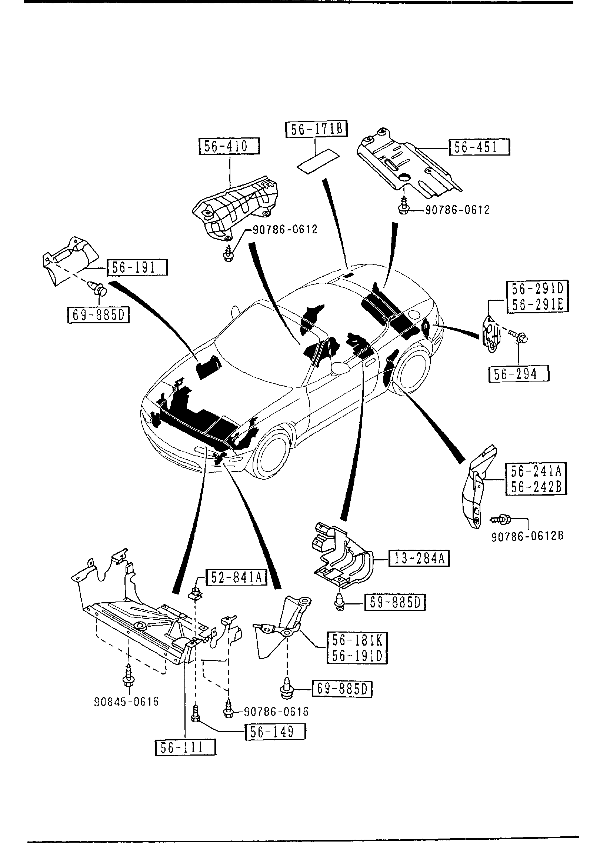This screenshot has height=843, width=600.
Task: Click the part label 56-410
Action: [229, 146]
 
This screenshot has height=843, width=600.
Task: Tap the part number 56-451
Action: [479, 147]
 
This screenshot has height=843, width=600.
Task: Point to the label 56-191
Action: [137, 267]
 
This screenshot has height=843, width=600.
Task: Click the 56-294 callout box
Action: [519, 374]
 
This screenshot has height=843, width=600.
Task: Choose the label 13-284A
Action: [419, 569]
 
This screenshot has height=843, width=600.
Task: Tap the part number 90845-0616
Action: [126, 702]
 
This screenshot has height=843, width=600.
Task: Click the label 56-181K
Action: [357, 640]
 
